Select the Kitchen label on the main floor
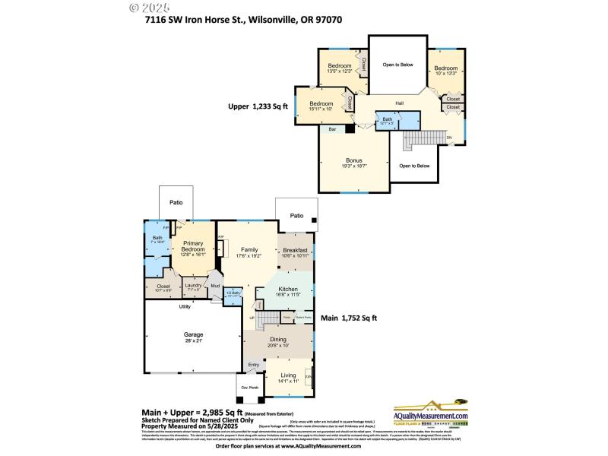(x=288, y=290)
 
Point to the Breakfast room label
(x=295, y=250)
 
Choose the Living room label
(x=288, y=375)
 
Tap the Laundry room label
(x=192, y=285)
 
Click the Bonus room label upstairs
(x=353, y=160)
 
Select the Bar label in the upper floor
(x=332, y=130)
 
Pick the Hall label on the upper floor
(x=399, y=103)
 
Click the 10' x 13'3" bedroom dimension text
(x=445, y=74)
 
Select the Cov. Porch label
(x=249, y=387)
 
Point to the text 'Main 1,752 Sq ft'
(x=349, y=318)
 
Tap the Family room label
(x=249, y=249)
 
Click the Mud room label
(x=215, y=287)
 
